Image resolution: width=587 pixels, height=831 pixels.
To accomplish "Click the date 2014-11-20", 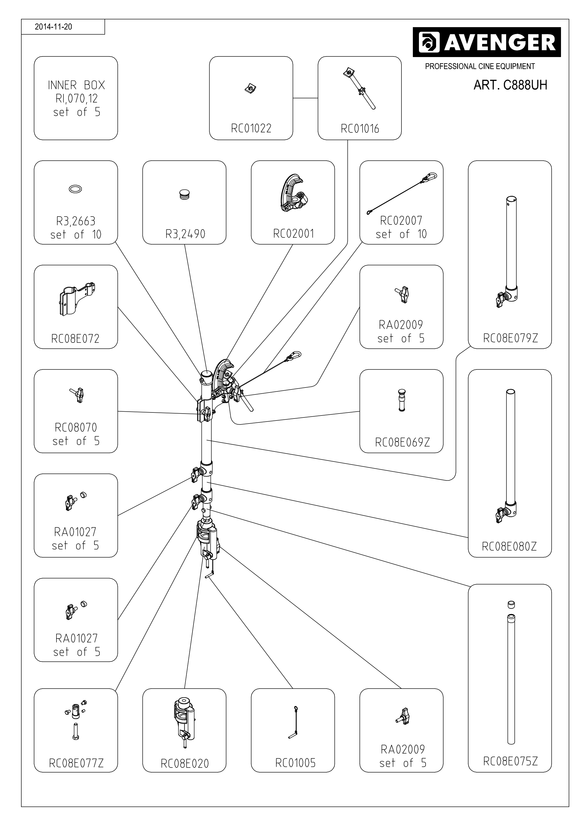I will (x=53, y=27).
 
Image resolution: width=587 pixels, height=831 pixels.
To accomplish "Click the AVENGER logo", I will (x=486, y=42).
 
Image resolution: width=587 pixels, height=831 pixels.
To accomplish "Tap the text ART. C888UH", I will (x=510, y=85).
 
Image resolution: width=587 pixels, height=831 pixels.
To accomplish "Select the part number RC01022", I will (x=251, y=128).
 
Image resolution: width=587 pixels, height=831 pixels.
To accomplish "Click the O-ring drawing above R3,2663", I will (x=75, y=189).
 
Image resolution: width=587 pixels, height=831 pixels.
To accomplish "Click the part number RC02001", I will (x=293, y=234).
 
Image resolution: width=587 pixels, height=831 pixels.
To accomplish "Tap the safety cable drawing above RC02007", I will (x=401, y=194).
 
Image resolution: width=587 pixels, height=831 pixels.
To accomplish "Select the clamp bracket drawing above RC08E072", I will (x=76, y=299).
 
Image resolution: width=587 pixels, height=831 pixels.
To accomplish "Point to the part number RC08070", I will (x=76, y=427).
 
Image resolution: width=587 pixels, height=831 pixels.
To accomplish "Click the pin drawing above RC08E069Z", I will (x=401, y=400).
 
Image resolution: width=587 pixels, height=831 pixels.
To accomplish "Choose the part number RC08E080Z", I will (x=509, y=547).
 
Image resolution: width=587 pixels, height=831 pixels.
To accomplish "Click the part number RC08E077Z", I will (x=76, y=763).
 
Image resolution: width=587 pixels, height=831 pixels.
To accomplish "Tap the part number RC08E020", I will (x=184, y=764).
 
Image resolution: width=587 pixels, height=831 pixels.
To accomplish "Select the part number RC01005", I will (x=295, y=763).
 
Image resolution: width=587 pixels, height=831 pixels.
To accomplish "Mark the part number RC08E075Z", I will (x=510, y=761).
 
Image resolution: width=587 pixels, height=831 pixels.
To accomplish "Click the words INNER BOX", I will (x=76, y=85).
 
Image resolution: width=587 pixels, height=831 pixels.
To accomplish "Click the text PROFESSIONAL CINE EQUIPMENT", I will (x=480, y=66).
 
